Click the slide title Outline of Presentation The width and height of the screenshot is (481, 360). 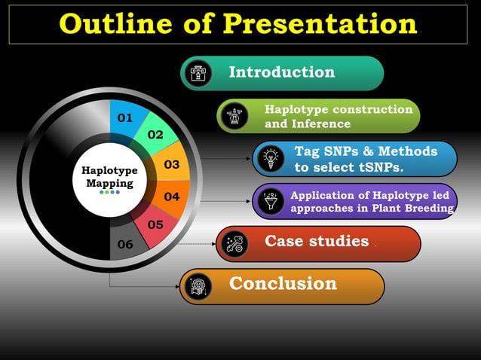click(238, 23)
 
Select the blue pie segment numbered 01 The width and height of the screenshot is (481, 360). click(125, 117)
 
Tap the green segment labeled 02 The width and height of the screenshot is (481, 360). click(155, 135)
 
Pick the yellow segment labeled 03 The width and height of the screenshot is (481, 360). click(172, 164)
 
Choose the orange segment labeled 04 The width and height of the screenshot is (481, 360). click(172, 197)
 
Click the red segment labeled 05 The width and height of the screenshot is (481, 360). click(155, 224)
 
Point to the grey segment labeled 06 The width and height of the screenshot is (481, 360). click(125, 244)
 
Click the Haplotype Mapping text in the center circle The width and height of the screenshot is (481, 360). click(109, 177)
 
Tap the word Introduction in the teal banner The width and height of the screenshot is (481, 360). click(281, 72)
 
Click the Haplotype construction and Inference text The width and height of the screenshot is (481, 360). click(339, 116)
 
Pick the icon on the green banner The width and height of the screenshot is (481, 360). click(235, 117)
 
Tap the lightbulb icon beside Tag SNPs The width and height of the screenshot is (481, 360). click(269, 159)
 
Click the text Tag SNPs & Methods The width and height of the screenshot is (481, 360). click(365, 151)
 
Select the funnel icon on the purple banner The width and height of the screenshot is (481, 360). click(269, 201)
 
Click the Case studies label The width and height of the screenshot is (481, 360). click(317, 242)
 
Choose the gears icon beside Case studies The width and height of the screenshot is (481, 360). click(235, 243)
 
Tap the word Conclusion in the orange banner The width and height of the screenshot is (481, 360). click(283, 284)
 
